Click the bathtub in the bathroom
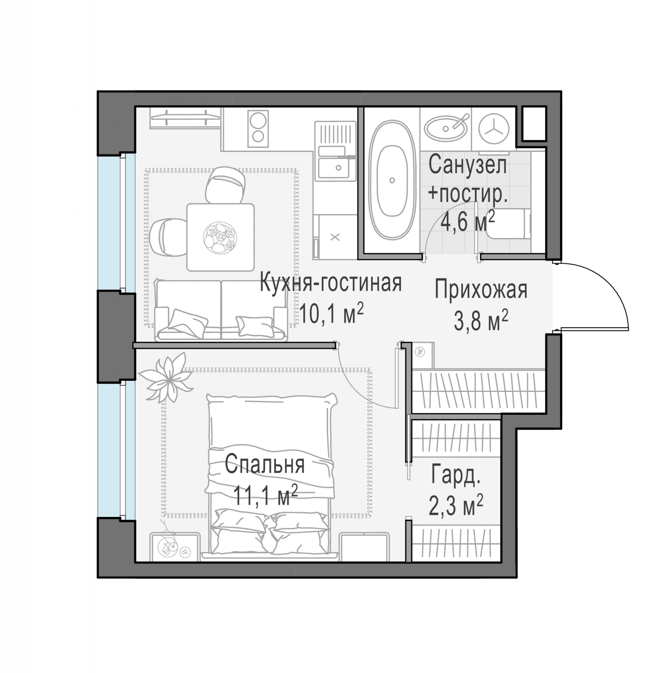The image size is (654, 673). [x=392, y=180]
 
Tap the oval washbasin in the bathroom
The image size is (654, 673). [x=446, y=128]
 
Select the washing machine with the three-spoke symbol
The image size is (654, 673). [x=494, y=129]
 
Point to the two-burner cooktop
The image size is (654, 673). [x=258, y=129]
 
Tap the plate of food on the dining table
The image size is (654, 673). [x=220, y=238]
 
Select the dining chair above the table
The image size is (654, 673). [x=225, y=185]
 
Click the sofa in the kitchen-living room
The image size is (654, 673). [x=221, y=310]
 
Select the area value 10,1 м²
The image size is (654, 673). [x=331, y=313]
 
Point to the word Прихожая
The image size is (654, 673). [x=481, y=290]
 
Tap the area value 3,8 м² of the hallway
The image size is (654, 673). [x=480, y=320]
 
